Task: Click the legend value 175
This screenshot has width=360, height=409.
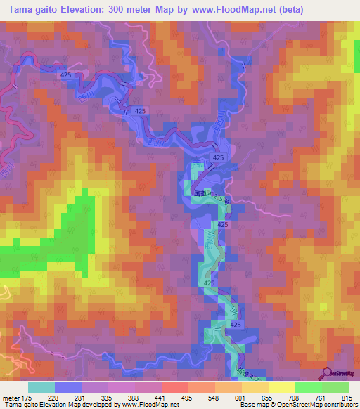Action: click(26, 398)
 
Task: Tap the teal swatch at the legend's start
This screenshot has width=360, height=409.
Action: click(41, 387)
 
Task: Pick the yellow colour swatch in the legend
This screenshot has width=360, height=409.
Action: click(281, 387)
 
